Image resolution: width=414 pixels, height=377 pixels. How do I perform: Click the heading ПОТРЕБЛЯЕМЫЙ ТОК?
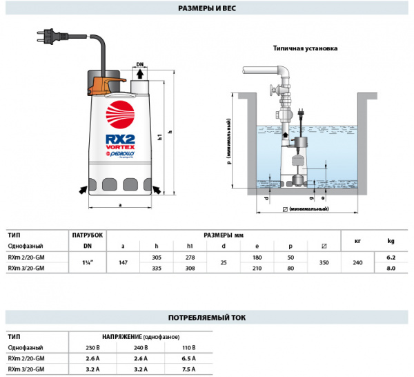tap(207, 318)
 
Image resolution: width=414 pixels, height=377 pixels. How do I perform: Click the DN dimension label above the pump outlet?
tap(139, 64)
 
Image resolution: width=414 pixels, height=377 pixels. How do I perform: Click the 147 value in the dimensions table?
tap(123, 262)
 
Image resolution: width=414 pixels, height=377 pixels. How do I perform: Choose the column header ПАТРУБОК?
tap(88, 235)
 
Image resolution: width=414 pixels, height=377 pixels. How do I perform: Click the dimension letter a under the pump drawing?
tap(121, 205)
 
